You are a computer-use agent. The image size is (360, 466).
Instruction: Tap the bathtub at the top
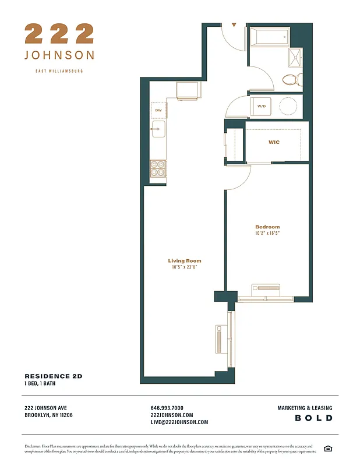click(269, 38)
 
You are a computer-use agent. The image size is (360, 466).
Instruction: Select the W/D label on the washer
click(262, 106)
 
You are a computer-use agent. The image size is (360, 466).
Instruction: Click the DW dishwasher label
click(158, 110)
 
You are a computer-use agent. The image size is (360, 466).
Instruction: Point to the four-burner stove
click(158, 168)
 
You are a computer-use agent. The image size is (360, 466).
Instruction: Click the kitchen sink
click(158, 129)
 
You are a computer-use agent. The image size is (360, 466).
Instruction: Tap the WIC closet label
click(274, 142)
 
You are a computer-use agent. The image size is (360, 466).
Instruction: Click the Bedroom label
click(267, 227)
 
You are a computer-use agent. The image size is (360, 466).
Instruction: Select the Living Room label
click(185, 261)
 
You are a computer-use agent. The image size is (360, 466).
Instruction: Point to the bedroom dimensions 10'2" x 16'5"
click(267, 233)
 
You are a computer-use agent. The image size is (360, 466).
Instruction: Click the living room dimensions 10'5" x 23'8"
click(185, 267)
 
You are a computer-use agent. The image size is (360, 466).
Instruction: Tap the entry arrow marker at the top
click(234, 26)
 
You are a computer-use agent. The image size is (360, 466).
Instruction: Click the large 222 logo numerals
click(59, 34)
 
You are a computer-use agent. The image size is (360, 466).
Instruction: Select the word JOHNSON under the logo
click(59, 55)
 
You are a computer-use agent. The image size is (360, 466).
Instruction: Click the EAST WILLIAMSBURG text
click(59, 71)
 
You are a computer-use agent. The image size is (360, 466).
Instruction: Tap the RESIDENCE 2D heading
click(54, 376)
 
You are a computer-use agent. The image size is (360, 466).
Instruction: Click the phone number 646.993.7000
click(167, 408)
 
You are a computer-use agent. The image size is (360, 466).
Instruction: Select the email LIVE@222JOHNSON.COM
click(179, 422)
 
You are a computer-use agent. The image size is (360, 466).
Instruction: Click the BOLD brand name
click(313, 418)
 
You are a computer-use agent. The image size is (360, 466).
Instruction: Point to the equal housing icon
click(327, 447)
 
